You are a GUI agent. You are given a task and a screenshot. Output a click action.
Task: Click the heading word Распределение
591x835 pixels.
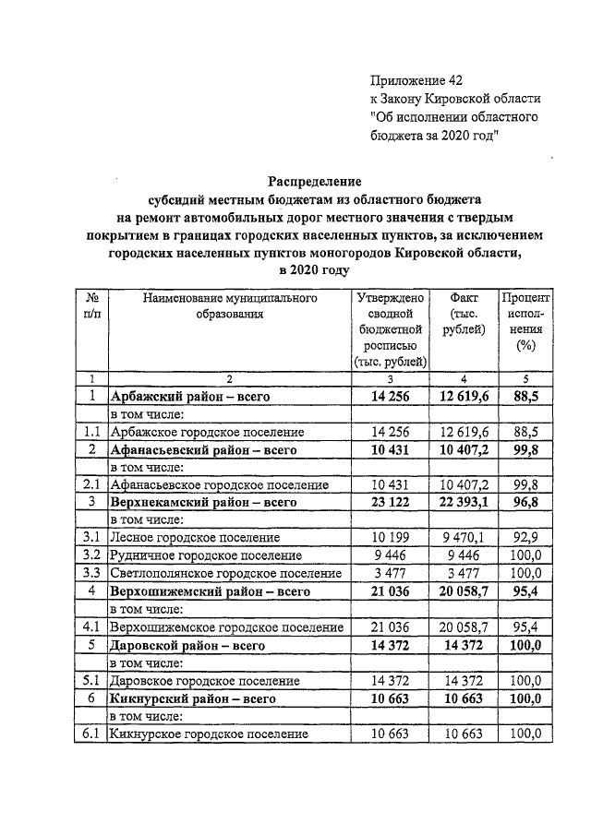click(316, 182)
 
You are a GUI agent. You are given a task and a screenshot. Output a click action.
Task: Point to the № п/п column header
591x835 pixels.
click(91, 306)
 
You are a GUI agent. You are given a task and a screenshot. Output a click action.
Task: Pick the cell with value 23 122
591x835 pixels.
click(390, 503)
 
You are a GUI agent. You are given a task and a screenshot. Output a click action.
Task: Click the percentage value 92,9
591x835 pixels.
click(525, 538)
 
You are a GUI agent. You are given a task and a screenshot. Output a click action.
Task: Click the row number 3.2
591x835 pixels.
click(91, 556)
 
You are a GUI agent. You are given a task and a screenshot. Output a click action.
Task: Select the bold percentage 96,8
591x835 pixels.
click(525, 503)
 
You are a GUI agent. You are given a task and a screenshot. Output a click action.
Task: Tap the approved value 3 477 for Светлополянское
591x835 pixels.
click(390, 574)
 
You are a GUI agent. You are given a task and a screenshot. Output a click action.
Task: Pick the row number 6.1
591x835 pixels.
click(91, 734)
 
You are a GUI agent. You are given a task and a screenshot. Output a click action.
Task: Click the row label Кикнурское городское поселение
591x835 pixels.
click(209, 734)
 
